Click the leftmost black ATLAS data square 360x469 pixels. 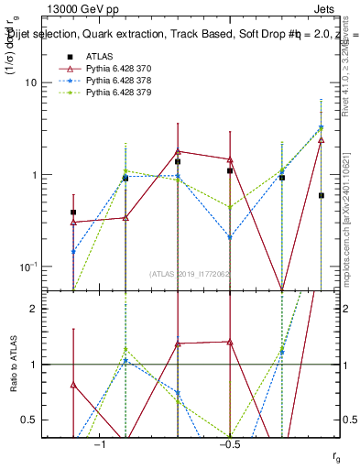73,212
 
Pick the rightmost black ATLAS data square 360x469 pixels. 322,195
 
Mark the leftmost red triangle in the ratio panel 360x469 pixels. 73,385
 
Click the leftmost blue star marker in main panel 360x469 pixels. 73,251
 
